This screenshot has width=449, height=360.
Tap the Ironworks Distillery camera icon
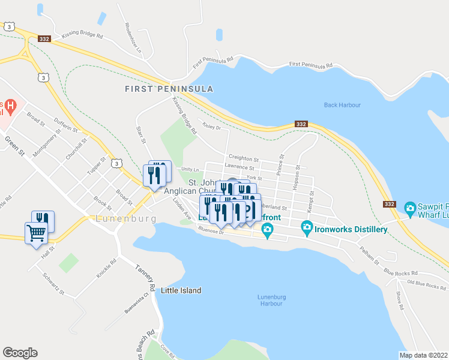coord(307,227)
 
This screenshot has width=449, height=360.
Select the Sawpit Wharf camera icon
coord(410,209)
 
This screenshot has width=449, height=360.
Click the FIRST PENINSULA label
coord(169,89)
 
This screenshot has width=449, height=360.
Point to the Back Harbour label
coord(342,105)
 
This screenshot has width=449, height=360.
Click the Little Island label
coord(181,290)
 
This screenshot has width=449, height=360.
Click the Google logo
coord(20,352)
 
